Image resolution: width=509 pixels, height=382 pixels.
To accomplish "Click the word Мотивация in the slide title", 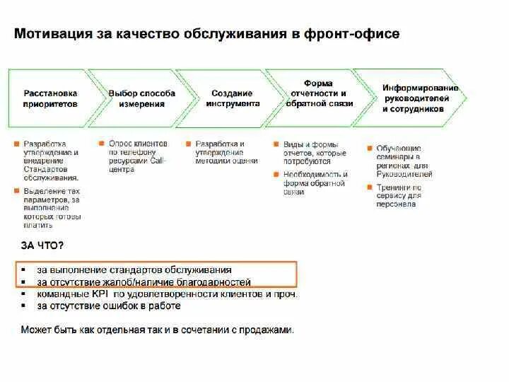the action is click(52, 34).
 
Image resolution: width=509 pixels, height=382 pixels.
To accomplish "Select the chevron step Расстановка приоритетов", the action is click(50, 98).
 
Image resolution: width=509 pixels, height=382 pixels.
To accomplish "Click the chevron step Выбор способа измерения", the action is click(137, 98).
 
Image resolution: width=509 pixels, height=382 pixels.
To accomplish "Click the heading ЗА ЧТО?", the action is click(42, 245).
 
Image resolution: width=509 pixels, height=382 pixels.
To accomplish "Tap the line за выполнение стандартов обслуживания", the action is click(134, 270).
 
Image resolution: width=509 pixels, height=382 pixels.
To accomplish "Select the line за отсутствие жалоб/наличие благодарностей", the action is click(144, 282).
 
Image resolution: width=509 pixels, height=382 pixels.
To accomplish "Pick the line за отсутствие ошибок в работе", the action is click(109, 306).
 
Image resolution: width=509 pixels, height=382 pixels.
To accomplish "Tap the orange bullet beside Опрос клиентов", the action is click(103, 144).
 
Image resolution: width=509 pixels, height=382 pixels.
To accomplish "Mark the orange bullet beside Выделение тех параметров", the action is click(16, 191).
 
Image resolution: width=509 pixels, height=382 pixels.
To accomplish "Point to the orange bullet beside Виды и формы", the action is click(277, 144).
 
